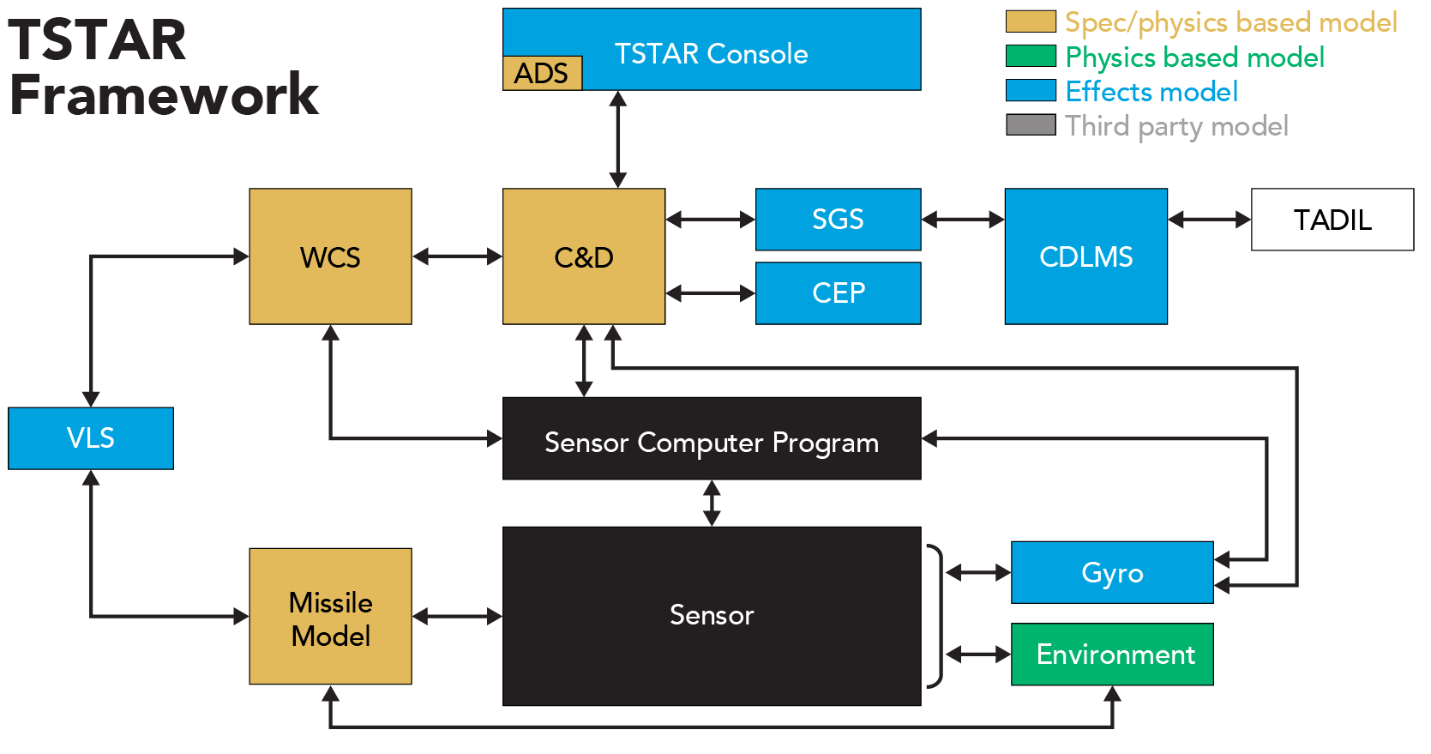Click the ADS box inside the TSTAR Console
(x=542, y=73)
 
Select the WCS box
(x=330, y=256)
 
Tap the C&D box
(x=583, y=256)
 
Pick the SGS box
(x=838, y=220)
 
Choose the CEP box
(x=838, y=293)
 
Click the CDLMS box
(x=1085, y=256)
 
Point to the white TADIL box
(x=1332, y=220)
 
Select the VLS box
(x=91, y=438)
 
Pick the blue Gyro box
(x=1112, y=572)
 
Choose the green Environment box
(x=1112, y=654)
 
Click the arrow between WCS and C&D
(x=457, y=256)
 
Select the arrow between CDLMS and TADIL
(x=1209, y=220)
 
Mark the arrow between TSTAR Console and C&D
(x=617, y=139)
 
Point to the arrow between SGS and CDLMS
(x=963, y=220)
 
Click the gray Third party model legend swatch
(x=1031, y=125)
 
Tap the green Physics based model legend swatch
(x=1031, y=57)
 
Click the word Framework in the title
(x=163, y=94)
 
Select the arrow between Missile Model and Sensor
(x=457, y=617)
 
